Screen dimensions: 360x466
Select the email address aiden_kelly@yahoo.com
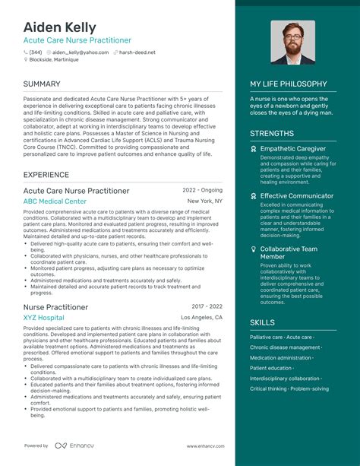tap(80, 52)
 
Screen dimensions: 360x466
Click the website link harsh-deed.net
tap(137, 52)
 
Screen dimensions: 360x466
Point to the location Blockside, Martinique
tap(54, 59)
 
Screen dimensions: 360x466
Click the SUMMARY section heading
tap(42, 84)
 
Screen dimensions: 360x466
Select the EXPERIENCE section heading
tap(46, 175)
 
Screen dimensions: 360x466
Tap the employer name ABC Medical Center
tap(55, 201)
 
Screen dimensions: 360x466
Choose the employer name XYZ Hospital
tap(44, 317)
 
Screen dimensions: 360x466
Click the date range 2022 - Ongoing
tap(203, 190)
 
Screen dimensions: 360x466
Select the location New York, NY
tap(205, 201)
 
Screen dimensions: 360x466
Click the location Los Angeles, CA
tap(202, 317)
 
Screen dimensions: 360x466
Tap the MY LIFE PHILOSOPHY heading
tap(289, 84)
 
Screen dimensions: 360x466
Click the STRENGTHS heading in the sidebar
tap(272, 134)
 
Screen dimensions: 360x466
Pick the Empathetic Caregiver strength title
tap(292, 149)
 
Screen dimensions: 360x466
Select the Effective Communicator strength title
tap(296, 196)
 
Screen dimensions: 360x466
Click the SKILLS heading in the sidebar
tap(262, 323)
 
